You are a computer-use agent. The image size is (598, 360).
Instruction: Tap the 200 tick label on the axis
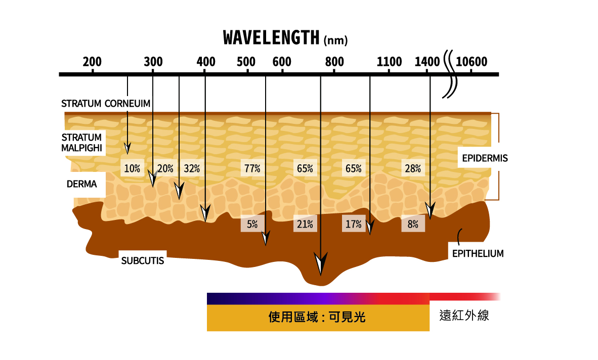[x=92, y=62]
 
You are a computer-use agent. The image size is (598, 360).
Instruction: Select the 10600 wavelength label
[x=471, y=62]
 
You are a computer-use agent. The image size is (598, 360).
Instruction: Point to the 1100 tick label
[x=389, y=62]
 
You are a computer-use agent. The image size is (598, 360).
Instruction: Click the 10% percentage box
[x=132, y=169]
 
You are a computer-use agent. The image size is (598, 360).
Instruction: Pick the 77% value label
[x=252, y=169]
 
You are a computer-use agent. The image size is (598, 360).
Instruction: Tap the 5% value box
[x=252, y=224]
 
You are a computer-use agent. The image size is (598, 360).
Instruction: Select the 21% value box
[x=305, y=224]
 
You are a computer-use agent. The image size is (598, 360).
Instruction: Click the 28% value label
[x=413, y=169]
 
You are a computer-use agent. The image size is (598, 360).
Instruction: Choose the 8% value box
[x=413, y=224]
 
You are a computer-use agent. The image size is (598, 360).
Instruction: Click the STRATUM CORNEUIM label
[x=106, y=104]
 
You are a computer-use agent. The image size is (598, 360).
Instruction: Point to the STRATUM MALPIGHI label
[x=82, y=143]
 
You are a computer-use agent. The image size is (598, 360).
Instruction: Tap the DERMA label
[x=82, y=184]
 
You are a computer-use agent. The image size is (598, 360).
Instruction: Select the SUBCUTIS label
[x=143, y=261]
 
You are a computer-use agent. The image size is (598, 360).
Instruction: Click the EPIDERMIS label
[x=485, y=158]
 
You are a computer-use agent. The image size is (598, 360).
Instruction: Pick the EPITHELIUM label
[x=478, y=253]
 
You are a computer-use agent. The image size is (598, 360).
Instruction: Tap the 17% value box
[x=353, y=224]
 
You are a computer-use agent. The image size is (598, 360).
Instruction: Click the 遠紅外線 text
[x=464, y=317]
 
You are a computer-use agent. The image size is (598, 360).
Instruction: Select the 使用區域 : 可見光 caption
[x=317, y=318]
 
